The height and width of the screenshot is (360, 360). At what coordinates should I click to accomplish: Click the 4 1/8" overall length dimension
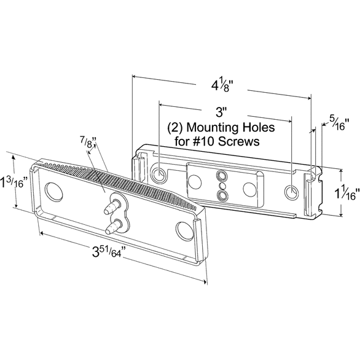[222, 86]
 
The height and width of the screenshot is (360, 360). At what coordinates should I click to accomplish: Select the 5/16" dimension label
[339, 124]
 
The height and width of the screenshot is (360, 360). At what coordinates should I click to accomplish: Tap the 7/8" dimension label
[88, 143]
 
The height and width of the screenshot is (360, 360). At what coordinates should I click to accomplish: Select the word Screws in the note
[238, 141]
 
